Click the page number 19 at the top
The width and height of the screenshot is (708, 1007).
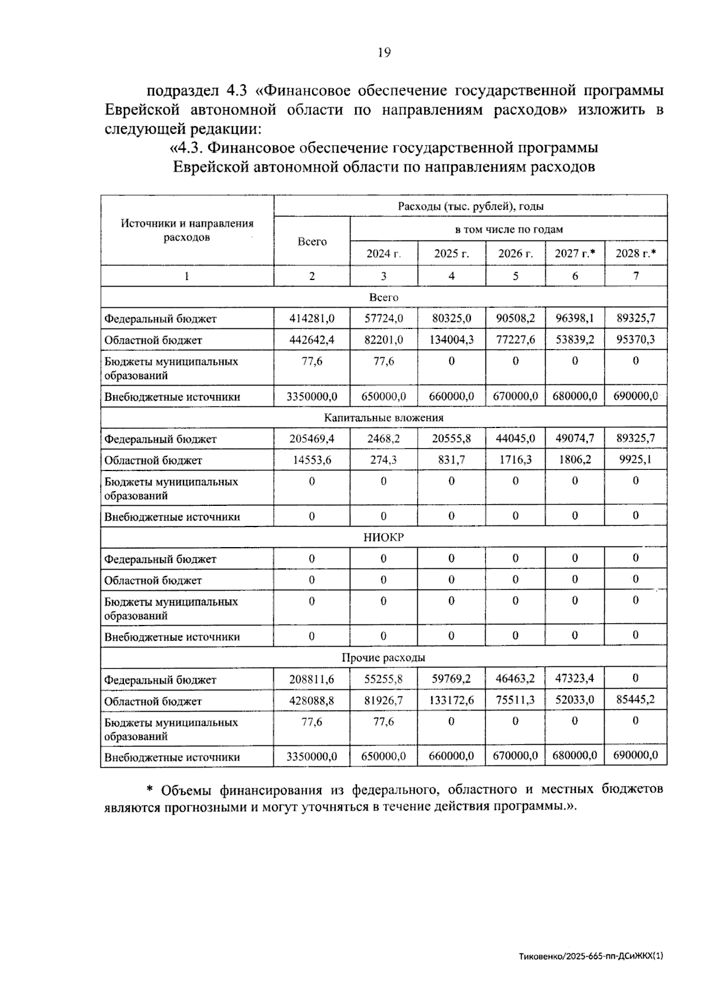[383, 53]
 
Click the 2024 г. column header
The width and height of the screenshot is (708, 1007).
[383, 254]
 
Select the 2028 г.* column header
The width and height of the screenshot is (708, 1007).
[635, 254]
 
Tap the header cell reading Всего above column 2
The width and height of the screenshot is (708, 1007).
[312, 242]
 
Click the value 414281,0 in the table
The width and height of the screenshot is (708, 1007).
[312, 318]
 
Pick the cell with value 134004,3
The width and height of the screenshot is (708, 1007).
[451, 340]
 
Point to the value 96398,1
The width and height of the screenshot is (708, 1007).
[575, 318]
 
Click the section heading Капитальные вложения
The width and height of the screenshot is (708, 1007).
[383, 417]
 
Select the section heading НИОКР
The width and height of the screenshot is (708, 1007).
[383, 537]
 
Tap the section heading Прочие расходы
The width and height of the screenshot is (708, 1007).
[383, 657]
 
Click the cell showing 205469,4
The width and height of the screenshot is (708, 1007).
[312, 439]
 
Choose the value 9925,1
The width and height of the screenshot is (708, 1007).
[635, 459]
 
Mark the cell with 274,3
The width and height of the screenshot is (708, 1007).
[383, 460]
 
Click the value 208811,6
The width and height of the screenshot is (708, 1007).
[312, 679]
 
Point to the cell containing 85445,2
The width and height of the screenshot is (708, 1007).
[635, 700]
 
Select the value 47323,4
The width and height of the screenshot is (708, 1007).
[575, 679]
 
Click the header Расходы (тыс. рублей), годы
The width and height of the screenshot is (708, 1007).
[470, 206]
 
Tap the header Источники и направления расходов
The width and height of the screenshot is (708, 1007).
[187, 231]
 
